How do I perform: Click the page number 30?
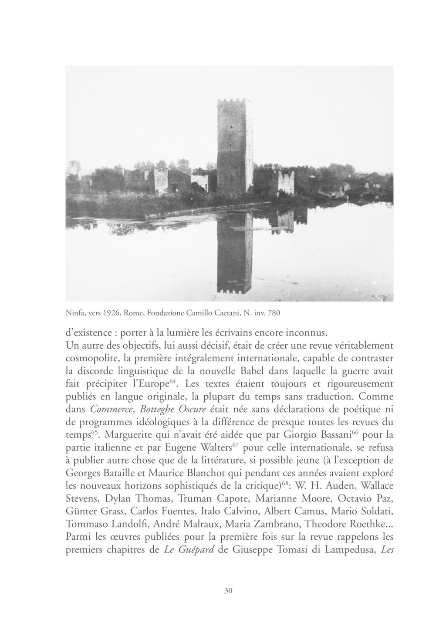[x=228, y=590]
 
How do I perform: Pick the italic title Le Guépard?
[x=189, y=549]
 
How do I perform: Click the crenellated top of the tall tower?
[x=235, y=102]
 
